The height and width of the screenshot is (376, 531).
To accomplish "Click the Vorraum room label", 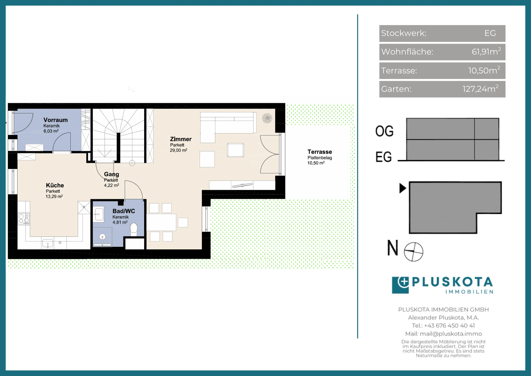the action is coord(55,120).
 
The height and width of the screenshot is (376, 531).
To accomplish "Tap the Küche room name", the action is coord(55,185).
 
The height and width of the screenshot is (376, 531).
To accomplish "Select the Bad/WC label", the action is coord(124,211).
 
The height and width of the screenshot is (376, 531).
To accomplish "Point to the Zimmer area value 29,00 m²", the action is coord(179,150).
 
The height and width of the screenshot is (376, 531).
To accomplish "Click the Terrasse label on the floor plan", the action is coord(320,152).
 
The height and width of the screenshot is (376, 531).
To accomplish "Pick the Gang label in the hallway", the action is coord(112,174).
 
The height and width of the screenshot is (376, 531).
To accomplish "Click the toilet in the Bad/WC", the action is coord(134,229).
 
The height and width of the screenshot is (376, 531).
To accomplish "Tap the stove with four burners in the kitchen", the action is coord(24,219).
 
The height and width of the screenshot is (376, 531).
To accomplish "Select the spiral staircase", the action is coord(118,135).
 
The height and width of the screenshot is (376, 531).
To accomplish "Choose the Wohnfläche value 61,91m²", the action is coord(486,51).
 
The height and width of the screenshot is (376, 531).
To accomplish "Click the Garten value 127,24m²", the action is coord(481,89).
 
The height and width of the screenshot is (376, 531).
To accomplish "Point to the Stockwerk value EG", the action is coord(490,33).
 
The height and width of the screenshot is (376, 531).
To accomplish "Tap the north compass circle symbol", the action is coord(413,252).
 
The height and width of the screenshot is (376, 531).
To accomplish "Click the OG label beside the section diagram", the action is coord(384,131).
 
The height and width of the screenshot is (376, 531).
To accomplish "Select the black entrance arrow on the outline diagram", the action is coord(403,188).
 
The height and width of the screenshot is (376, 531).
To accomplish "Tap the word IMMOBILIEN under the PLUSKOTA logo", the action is coord(469,292).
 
